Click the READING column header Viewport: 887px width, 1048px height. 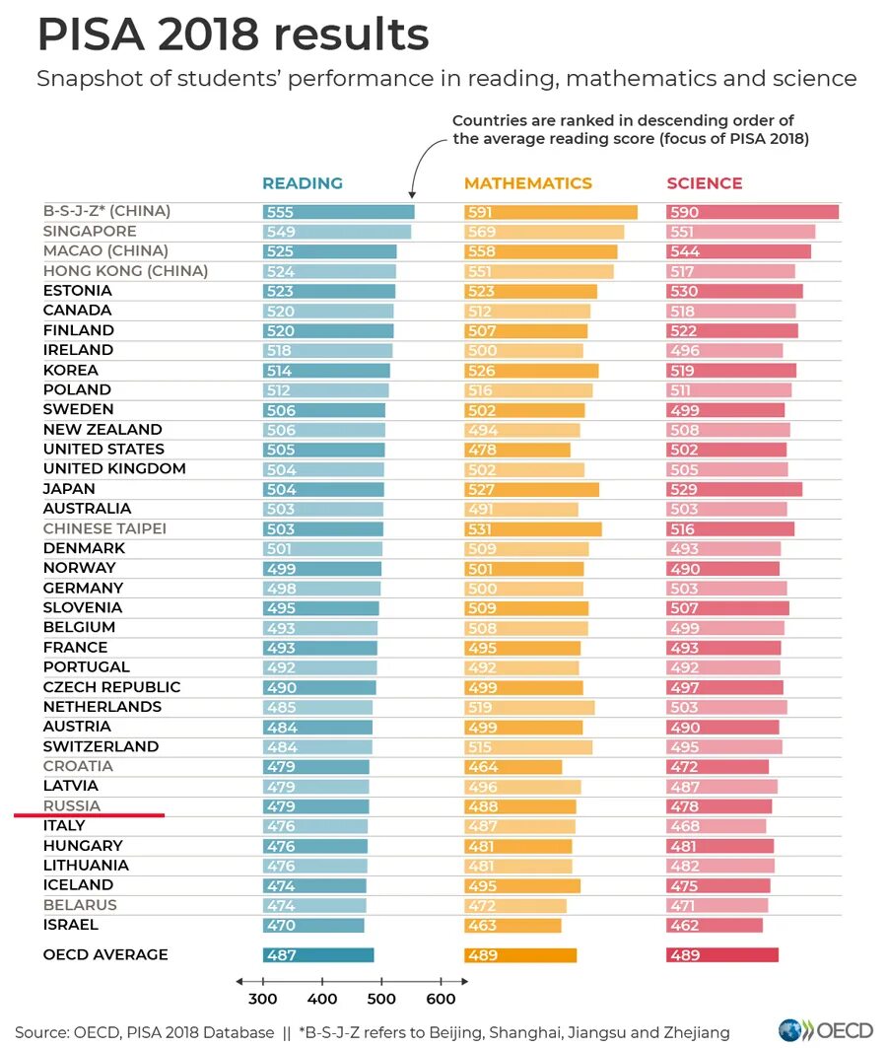(x=302, y=183)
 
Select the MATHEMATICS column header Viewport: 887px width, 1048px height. (x=527, y=183)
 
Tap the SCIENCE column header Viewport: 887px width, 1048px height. (x=704, y=183)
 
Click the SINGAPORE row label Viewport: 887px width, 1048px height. (x=90, y=232)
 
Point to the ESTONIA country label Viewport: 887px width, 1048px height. (x=78, y=291)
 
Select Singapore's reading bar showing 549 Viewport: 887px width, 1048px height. (x=336, y=232)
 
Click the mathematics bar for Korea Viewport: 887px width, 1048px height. (x=531, y=371)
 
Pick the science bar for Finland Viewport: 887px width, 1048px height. (x=732, y=330)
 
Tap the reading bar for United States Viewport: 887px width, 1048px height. (x=323, y=450)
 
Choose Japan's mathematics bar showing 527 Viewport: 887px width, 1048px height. (x=531, y=489)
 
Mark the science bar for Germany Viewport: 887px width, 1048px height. (x=726, y=589)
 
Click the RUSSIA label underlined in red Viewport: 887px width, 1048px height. (x=72, y=805)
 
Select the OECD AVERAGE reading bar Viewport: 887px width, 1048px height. (x=318, y=954)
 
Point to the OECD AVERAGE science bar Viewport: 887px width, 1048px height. (x=722, y=954)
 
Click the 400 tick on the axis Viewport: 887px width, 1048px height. (x=322, y=999)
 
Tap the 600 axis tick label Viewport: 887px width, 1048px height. (x=441, y=999)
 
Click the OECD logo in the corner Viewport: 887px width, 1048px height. (x=826, y=1030)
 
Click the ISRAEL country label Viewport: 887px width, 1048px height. (x=71, y=925)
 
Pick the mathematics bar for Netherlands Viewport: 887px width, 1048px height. (x=529, y=707)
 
